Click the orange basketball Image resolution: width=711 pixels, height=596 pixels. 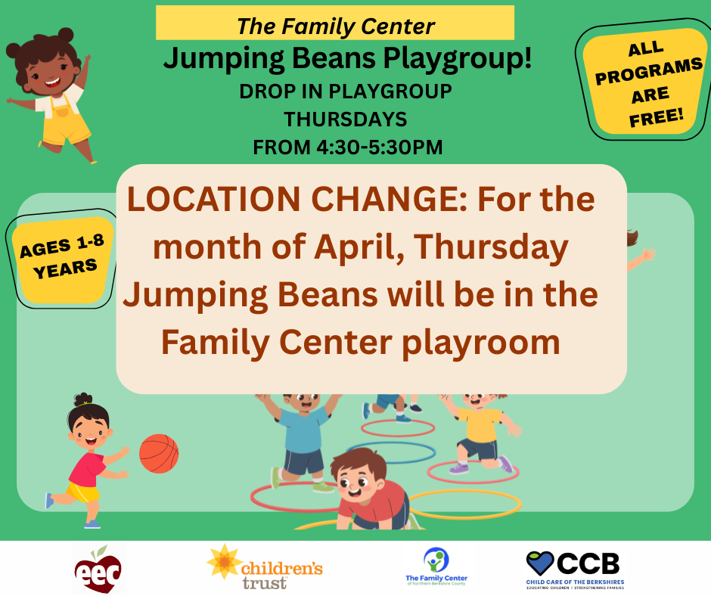pos(159,453)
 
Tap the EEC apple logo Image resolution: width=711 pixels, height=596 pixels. pos(99,569)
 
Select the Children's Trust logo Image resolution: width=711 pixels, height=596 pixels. pos(265,567)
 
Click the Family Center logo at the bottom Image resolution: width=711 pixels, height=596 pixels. pos(436,567)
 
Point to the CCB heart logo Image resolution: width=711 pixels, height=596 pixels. pos(540,563)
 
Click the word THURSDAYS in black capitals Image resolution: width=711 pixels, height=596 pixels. pos(345,120)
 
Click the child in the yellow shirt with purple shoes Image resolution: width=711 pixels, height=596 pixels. pos(480,431)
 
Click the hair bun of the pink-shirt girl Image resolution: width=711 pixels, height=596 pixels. pos(82,399)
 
